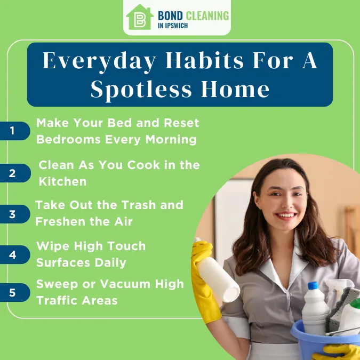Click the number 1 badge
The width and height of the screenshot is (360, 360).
click(x=12, y=131)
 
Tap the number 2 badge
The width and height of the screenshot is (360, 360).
click(x=12, y=173)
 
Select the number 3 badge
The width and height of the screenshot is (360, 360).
click(x=12, y=214)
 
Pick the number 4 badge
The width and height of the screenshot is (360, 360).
click(x=12, y=255)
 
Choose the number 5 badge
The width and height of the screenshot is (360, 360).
click(x=12, y=292)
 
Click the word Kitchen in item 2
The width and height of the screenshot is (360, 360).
click(x=62, y=181)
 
